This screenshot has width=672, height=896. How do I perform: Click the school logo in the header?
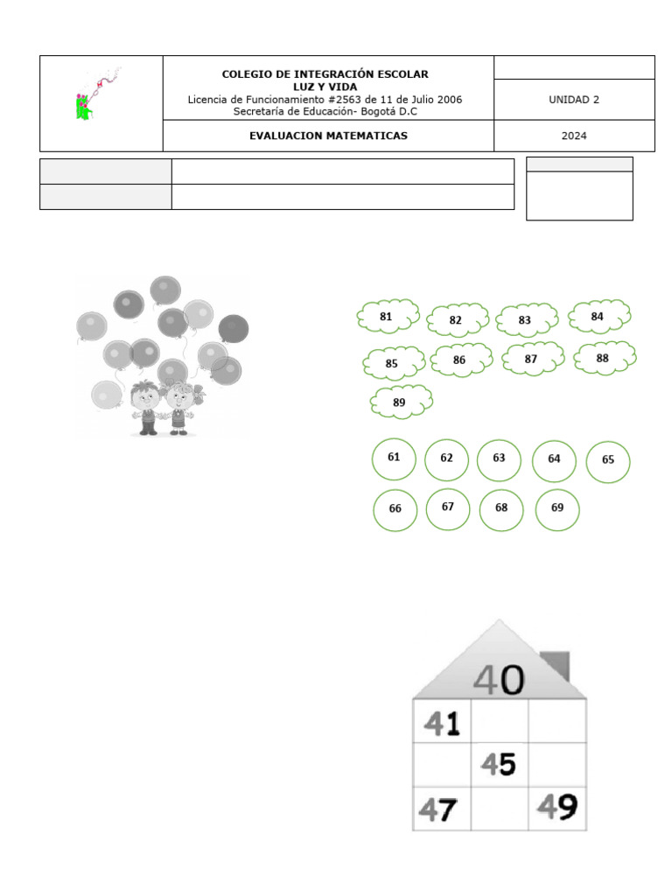(x=94, y=95)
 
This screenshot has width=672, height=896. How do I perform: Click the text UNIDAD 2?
(x=574, y=100)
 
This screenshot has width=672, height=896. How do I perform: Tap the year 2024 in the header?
(x=574, y=136)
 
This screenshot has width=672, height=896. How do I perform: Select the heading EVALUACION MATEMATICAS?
(x=328, y=136)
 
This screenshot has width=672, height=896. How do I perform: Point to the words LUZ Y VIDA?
(x=325, y=87)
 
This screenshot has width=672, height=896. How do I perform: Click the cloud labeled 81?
(x=388, y=317)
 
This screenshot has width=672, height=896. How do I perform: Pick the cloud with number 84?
(x=599, y=316)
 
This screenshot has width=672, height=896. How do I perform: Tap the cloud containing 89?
(x=401, y=402)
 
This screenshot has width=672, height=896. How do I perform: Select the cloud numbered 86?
(x=461, y=360)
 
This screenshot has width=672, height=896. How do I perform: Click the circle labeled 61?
(x=395, y=458)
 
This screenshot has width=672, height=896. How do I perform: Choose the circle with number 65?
(x=608, y=461)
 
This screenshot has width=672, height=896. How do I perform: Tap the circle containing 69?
(x=557, y=508)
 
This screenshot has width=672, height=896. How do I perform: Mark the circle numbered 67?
(x=448, y=507)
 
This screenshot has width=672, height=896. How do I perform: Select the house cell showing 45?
(x=500, y=766)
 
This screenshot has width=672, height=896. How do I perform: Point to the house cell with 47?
(x=441, y=809)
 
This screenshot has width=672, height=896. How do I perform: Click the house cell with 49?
(x=557, y=808)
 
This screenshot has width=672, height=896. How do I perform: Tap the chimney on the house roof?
(x=555, y=665)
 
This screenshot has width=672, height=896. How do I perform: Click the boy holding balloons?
(x=147, y=407)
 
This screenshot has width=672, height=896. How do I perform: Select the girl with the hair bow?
(x=180, y=407)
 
